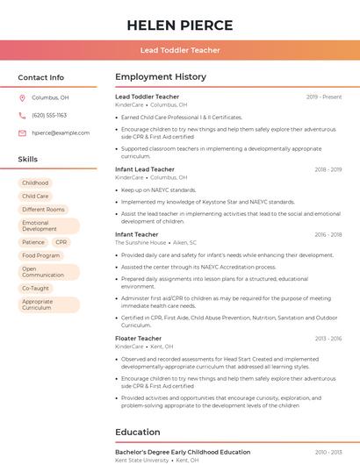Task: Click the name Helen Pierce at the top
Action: click(x=179, y=25)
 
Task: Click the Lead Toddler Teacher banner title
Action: click(x=179, y=50)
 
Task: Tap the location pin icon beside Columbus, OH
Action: click(x=22, y=98)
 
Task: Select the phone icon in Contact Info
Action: click(x=22, y=116)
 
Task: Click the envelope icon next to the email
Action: click(x=22, y=133)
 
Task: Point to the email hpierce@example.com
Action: click(x=61, y=133)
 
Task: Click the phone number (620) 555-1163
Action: click(x=49, y=116)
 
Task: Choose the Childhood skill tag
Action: click(x=35, y=183)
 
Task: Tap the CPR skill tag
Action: click(x=61, y=242)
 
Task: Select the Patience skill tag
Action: click(x=33, y=242)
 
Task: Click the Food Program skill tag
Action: click(x=41, y=255)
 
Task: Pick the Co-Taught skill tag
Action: click(x=35, y=288)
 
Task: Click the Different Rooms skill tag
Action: click(x=43, y=210)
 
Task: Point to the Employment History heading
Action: click(x=160, y=77)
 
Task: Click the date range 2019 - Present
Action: click(x=324, y=97)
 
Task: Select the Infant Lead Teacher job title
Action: click(x=145, y=169)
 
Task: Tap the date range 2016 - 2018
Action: click(x=328, y=235)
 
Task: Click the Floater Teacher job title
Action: click(x=138, y=339)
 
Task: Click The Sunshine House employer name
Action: click(x=140, y=242)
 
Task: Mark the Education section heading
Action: click(x=137, y=433)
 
